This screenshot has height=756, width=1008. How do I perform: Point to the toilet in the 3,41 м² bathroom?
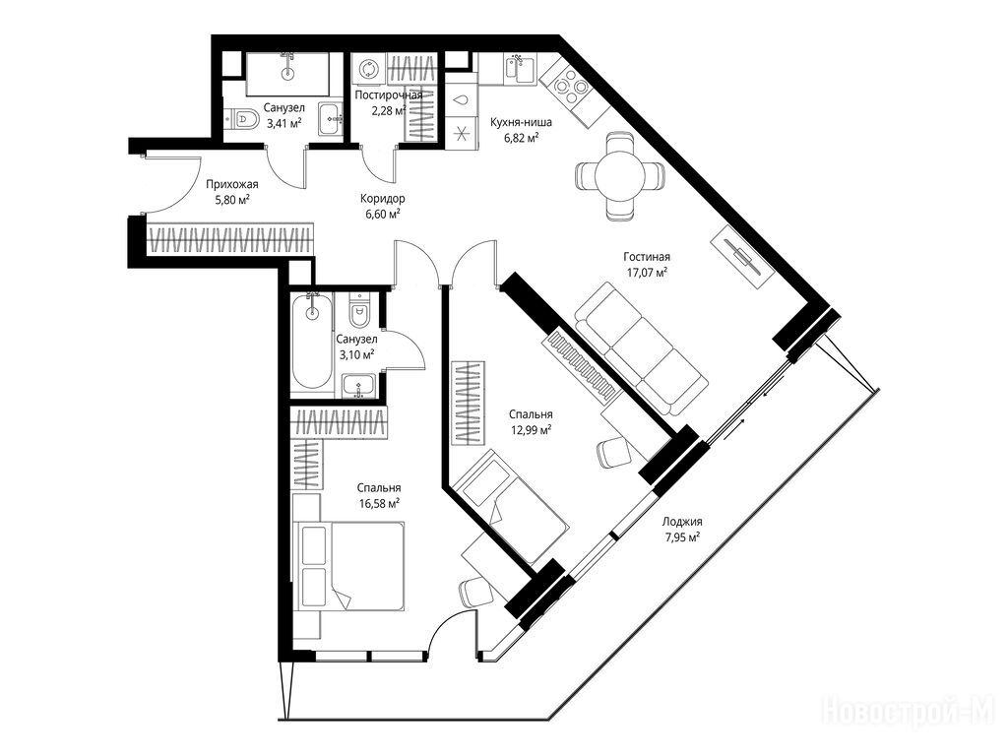pos(242,118)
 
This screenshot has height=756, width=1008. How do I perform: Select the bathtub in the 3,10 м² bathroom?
pos(312,340)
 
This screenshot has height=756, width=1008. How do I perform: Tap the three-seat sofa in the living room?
pos(642,347)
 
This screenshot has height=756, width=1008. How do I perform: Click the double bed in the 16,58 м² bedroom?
pos(349,565)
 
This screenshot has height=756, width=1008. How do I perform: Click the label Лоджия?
pos(683,522)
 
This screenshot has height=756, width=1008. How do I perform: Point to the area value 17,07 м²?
pos(648,272)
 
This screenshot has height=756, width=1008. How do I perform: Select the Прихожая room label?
pos(232,184)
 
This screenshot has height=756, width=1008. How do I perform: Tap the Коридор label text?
pos(383,199)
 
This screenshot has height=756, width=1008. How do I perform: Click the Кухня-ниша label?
pos(521,122)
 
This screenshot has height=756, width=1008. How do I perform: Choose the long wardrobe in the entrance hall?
pos(230,239)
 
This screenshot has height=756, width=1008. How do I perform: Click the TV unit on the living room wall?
pos(741,258)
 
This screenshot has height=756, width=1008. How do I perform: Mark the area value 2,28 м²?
pos(388,110)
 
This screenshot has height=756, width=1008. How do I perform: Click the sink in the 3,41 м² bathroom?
pos(333,119)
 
